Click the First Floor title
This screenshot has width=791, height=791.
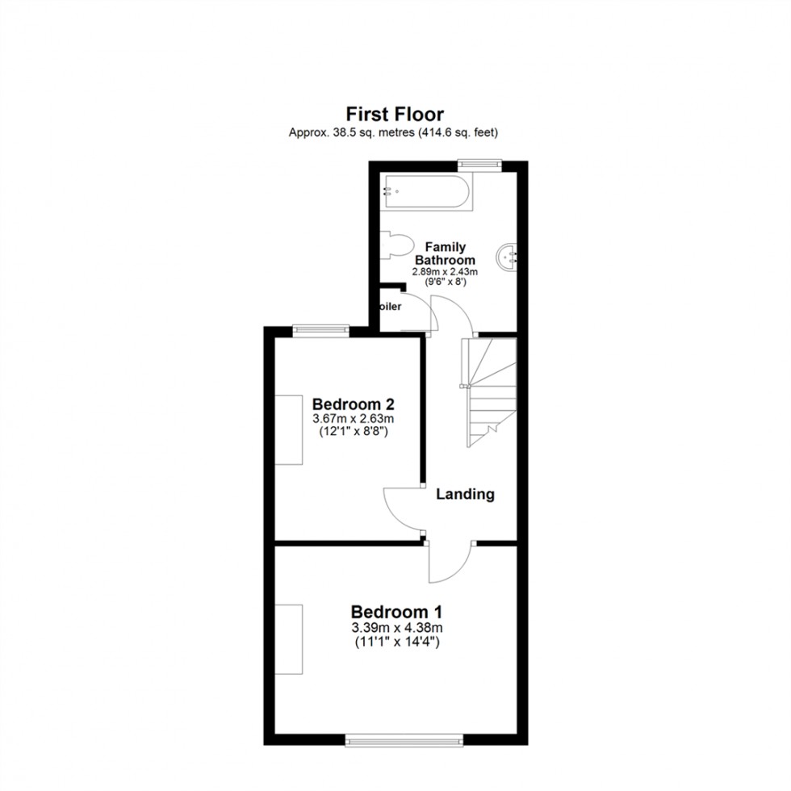[395, 115]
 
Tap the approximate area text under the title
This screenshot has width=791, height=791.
[394, 132]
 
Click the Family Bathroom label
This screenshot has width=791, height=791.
[445, 253]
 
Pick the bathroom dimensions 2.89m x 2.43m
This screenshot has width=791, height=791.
[445, 272]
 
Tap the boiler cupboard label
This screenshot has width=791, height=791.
[390, 308]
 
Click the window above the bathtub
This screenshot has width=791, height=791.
[479, 165]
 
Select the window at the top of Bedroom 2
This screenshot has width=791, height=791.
[320, 329]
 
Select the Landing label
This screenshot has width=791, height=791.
[465, 494]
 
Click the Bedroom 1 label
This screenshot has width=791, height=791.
[395, 611]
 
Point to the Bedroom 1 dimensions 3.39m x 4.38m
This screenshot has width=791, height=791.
[395, 628]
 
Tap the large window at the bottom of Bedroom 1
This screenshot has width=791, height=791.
[404, 739]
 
